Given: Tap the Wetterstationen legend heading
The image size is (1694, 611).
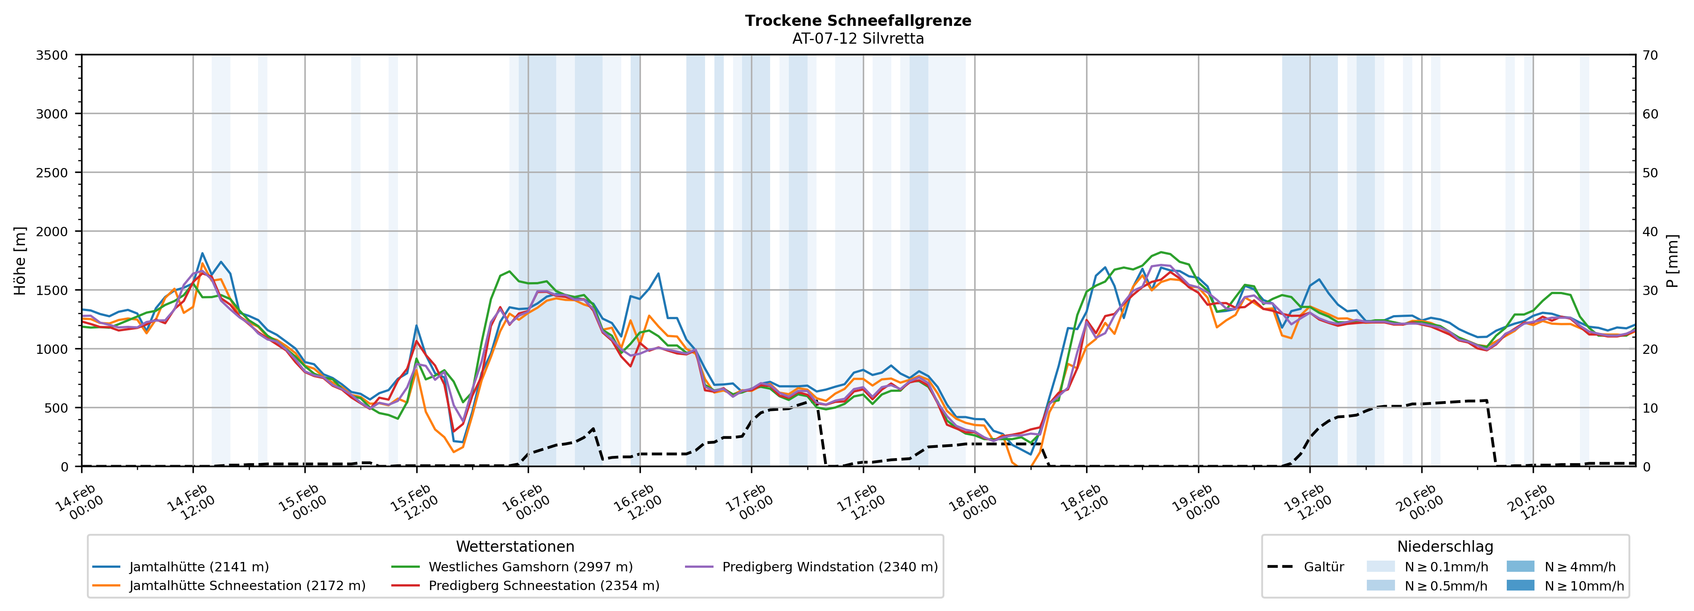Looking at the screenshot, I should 515,546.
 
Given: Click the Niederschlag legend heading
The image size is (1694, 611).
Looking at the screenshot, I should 1445,546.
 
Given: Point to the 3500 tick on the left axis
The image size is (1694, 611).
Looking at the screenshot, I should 52,55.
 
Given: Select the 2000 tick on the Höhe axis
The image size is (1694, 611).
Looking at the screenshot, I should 52,231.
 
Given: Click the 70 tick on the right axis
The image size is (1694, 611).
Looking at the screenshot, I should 1650,55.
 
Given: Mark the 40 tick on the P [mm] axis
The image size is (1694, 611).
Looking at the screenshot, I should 1650,231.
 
